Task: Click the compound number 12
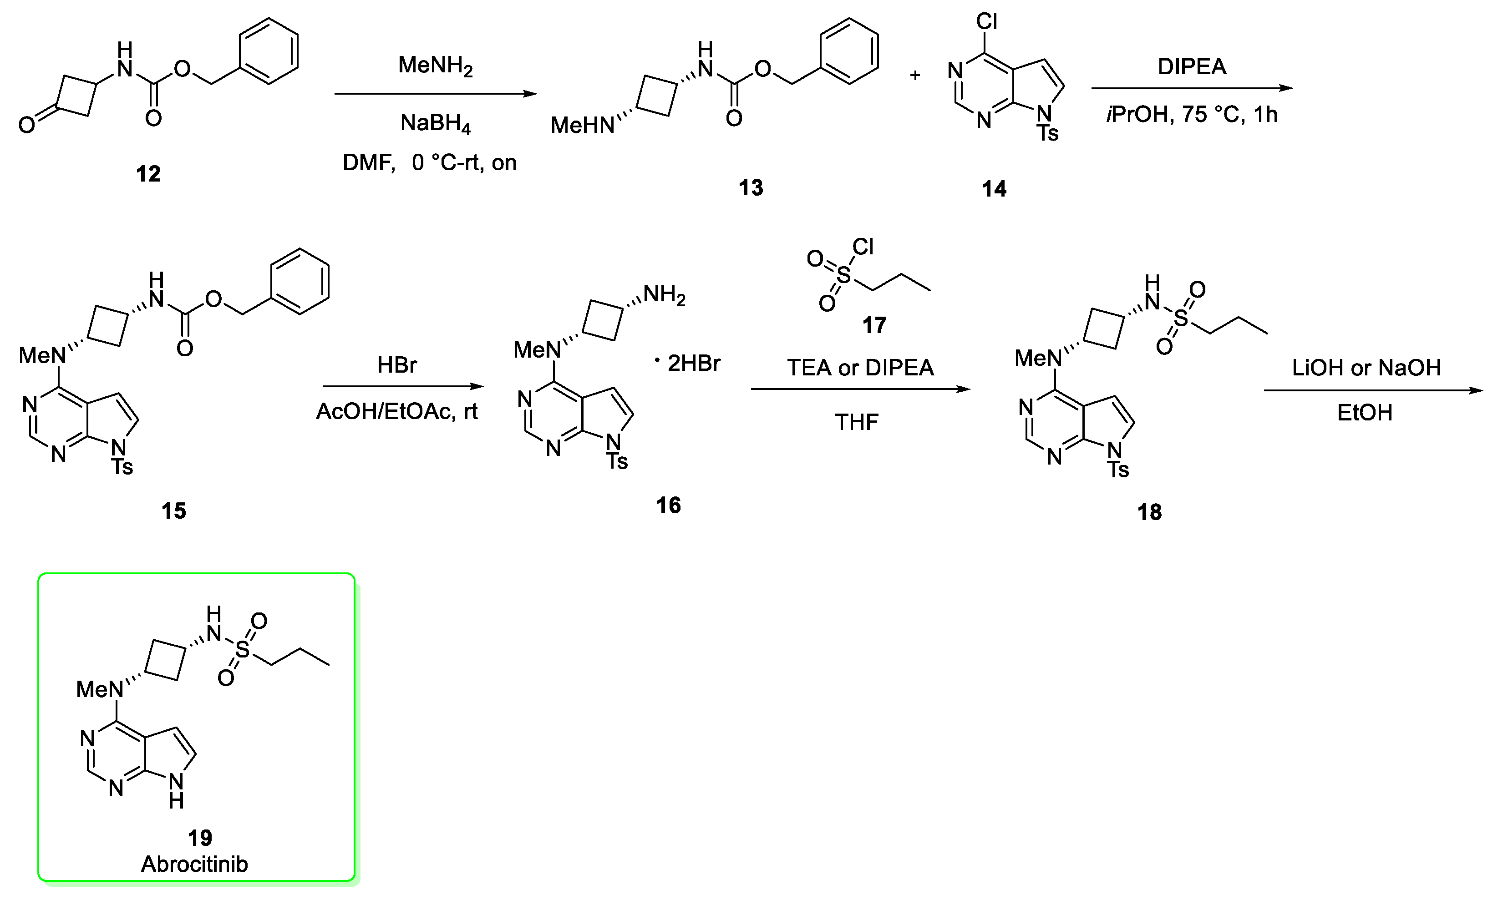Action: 148,174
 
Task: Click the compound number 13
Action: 751,188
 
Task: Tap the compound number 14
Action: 994,189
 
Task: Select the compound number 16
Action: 668,505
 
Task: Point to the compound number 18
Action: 1149,512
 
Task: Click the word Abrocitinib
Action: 195,864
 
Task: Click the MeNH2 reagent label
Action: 436,66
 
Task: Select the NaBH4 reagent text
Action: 436,124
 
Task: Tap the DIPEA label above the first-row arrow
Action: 1192,67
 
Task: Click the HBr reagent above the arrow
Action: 397,365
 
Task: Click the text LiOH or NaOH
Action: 1366,368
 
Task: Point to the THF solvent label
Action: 857,422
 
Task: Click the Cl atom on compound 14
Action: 987,22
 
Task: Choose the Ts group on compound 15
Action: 122,466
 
